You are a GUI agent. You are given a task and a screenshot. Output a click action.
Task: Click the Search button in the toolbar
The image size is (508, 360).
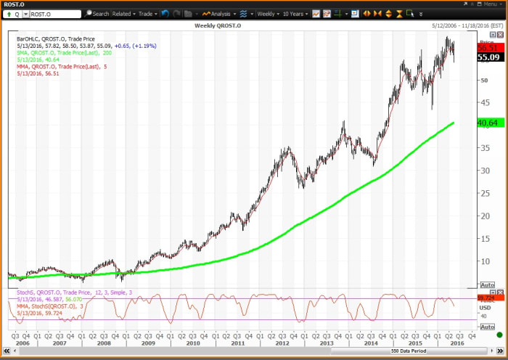click(x=97, y=14)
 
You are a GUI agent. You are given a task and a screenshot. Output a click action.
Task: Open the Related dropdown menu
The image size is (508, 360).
click(x=123, y=14)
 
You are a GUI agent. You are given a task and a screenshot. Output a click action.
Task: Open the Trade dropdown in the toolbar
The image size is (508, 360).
click(x=147, y=14)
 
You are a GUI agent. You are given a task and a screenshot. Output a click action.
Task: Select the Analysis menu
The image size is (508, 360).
click(x=218, y=14)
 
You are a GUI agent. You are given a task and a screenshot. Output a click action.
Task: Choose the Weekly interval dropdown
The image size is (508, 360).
click(x=268, y=14)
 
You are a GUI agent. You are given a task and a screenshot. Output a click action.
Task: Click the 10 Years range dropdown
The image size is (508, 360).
click(x=298, y=14)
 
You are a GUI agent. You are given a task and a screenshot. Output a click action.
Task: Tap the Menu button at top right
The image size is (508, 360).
click(x=490, y=4)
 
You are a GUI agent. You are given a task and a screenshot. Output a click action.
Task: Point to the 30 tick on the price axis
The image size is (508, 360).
click(x=484, y=171)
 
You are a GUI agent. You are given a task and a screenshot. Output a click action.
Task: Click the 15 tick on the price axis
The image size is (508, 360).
click(x=484, y=238)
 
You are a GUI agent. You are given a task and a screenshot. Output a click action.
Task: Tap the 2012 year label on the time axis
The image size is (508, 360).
click(x=282, y=342)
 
